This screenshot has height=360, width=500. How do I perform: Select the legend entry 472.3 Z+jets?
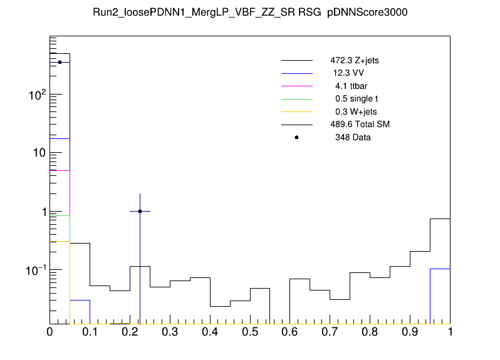pos(355,61)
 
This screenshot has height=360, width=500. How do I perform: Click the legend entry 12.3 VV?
pos(349,73)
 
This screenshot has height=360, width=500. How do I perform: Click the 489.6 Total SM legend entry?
pos(360,125)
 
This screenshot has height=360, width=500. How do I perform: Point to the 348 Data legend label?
pos(353,137)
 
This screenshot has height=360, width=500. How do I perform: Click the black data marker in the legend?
pos(296,137)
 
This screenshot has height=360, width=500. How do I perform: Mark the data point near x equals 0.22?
pos(140,211)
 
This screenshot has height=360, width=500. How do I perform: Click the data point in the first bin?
pos(60,62)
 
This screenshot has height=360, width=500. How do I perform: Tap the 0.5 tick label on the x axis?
pos(250,331)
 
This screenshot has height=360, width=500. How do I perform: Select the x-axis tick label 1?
pos(450,331)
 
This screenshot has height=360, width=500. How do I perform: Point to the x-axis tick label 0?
pos(50,331)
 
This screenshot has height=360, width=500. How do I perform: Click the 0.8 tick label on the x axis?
pos(370,331)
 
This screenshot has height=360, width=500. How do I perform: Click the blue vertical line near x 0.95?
pos(430,294)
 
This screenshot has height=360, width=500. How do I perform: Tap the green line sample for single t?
pos(296,99)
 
